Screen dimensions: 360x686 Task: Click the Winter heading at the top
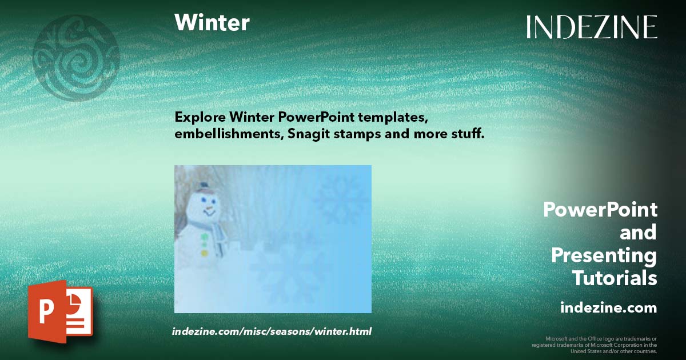(x=212, y=23)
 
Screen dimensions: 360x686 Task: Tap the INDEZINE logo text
(x=592, y=27)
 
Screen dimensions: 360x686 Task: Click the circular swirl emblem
(x=76, y=58)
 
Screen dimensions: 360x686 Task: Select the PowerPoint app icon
(x=60, y=311)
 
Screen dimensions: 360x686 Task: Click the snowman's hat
(x=202, y=187)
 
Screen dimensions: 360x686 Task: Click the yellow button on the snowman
(x=204, y=253)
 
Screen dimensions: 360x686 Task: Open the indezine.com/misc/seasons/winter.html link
(x=272, y=331)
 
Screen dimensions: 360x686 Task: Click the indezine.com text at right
(x=608, y=308)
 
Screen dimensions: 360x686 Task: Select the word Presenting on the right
(x=604, y=255)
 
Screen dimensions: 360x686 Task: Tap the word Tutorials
(x=614, y=278)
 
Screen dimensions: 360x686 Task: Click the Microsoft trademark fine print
(x=595, y=345)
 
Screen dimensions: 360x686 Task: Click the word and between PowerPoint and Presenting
(x=638, y=233)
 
